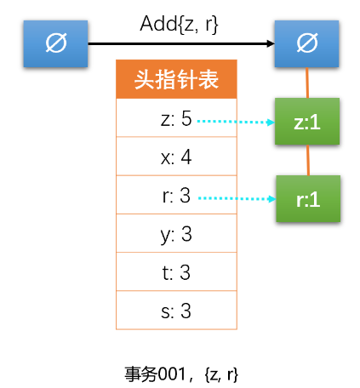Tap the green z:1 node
pyautogui.click(x=306, y=122)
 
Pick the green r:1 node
pyautogui.click(x=306, y=199)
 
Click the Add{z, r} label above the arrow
pyautogui.click(x=180, y=25)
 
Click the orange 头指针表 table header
pyautogui.click(x=177, y=80)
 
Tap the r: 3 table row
pyautogui.click(x=177, y=196)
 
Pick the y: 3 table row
pyautogui.click(x=177, y=234)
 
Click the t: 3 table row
pyautogui.click(x=177, y=272)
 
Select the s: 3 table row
pyautogui.click(x=177, y=311)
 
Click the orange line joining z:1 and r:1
pyautogui.click(x=307, y=160)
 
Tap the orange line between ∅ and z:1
pyautogui.click(x=307, y=83)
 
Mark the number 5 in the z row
pyautogui.click(x=186, y=119)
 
